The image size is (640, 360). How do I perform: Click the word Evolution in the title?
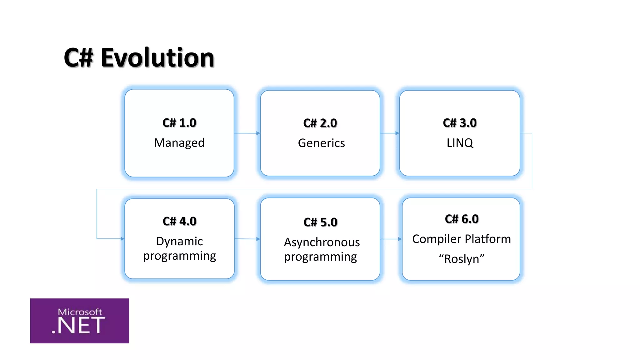157,58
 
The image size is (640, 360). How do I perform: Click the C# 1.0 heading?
179,123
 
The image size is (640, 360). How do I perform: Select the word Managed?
179,143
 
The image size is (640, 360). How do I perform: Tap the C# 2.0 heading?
320,123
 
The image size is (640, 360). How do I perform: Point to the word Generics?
321,143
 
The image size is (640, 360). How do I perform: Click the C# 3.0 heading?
460,123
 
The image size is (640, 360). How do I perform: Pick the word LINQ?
460,143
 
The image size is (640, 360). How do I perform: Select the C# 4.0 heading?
179,221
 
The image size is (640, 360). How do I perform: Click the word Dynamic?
179,241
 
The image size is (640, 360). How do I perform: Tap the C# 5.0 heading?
320,222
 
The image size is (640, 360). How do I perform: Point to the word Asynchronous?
322,242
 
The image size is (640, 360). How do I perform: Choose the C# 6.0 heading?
462,219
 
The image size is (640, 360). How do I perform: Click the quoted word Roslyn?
462,259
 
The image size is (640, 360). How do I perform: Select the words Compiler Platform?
462,239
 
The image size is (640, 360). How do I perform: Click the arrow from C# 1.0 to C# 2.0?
247,133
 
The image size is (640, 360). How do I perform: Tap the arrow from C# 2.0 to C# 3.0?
390,133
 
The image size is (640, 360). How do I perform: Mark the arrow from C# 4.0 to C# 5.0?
247,239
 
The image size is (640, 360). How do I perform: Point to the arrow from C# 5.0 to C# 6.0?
391,239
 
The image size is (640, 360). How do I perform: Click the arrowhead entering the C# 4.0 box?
122,239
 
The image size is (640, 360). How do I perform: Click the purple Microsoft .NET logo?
79,321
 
